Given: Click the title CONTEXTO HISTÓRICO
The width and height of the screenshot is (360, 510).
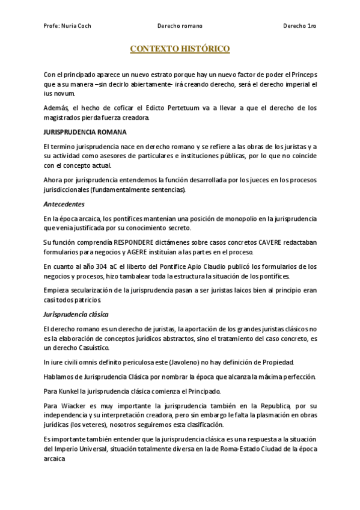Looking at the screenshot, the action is [180, 49].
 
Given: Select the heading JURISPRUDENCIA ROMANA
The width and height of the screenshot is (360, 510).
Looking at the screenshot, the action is [85, 132].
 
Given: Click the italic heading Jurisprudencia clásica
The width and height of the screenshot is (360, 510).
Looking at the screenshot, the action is [76, 315].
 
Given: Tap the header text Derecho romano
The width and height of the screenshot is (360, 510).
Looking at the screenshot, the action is [180, 26].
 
